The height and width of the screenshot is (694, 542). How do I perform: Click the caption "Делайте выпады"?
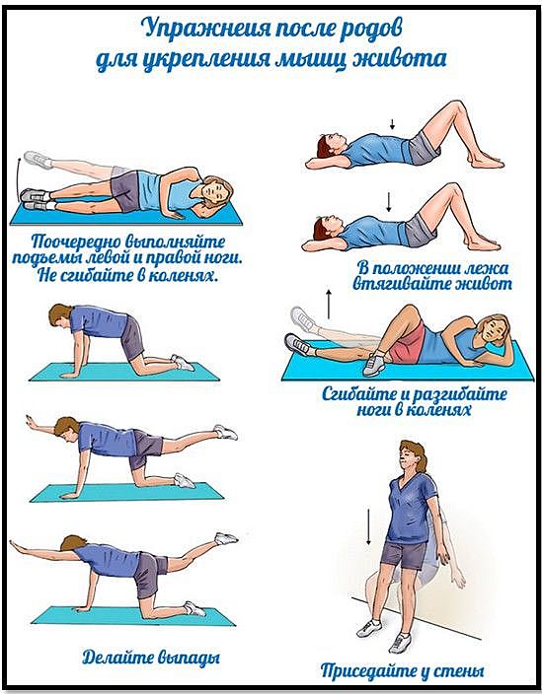151,658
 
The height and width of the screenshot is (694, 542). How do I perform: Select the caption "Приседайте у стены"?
402,671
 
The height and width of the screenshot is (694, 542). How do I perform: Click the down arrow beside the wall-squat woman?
368,526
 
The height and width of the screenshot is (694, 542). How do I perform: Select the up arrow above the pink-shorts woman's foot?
329,304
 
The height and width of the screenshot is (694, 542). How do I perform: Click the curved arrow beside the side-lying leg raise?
19,178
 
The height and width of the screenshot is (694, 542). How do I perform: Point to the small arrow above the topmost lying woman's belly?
392,124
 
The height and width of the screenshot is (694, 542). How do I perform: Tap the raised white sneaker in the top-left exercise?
38,160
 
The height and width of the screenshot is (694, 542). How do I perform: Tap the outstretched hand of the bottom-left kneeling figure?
17,543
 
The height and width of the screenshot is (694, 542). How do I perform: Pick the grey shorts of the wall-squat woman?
403,554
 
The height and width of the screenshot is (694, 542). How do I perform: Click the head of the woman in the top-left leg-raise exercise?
216,191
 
